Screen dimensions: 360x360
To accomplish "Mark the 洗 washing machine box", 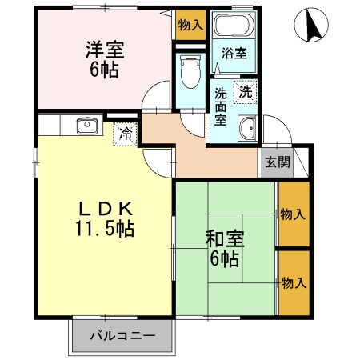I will click(246, 91).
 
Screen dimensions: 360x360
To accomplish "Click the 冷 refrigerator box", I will click(126, 133).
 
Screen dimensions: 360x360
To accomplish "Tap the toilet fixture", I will click(190, 74).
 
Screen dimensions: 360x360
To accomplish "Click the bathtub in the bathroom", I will click(233, 26).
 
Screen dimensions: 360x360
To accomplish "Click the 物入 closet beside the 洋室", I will click(190, 25).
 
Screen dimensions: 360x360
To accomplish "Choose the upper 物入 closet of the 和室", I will click(293, 214).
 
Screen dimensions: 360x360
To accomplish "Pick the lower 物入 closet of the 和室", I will click(293, 282).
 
